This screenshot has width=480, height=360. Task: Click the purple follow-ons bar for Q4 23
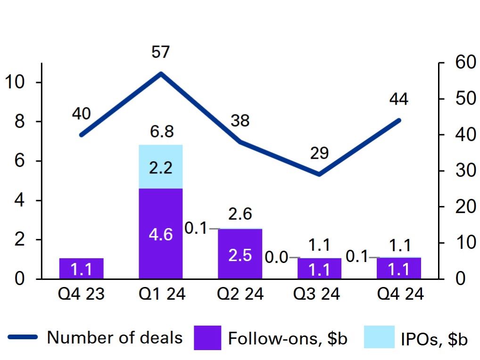coord(81,268)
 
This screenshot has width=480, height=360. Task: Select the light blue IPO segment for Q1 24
coord(160,166)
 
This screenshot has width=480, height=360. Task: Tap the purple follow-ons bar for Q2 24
coord(240,254)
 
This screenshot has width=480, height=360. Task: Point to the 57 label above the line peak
coord(160,52)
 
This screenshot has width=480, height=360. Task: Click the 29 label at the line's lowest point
coord(319,154)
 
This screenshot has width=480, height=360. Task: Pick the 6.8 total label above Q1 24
coord(160,132)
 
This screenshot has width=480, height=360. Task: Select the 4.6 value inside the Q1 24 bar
coord(160,234)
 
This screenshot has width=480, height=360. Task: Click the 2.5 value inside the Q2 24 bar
coord(240,255)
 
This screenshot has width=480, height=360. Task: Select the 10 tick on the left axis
coord(15,82)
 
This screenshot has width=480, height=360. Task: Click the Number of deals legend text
coord(115,337)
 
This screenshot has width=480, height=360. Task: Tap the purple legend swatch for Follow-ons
coord(207,338)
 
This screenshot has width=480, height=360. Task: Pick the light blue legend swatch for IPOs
coord(380,338)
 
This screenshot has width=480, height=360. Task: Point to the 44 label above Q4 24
coord(399,99)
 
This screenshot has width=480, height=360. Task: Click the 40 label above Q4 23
coord(81,114)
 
